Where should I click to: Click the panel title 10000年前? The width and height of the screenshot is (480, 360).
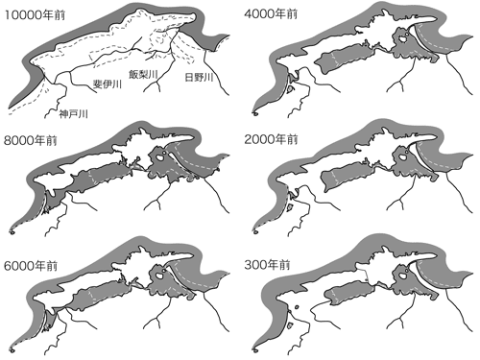tap(35, 14)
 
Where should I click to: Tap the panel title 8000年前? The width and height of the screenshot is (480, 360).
tap(31, 140)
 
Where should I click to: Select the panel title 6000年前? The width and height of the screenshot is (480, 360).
tap(31, 266)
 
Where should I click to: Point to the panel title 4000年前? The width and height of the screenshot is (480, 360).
tap(271, 13)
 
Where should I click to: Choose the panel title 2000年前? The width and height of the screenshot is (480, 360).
tap(271, 139)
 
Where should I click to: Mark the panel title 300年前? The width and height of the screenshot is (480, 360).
tap(267, 265)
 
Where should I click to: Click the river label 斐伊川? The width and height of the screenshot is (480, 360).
tap(108, 84)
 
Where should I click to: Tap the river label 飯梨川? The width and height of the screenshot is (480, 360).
tap(143, 74)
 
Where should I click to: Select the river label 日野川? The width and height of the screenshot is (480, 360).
tap(199, 77)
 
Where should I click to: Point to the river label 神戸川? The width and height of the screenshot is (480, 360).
tap(73, 113)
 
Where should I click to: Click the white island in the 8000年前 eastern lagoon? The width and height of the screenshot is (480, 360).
tap(159, 157)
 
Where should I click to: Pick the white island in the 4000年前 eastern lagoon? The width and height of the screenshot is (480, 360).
tap(401, 38)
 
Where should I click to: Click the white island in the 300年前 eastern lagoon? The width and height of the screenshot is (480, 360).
tap(402, 275)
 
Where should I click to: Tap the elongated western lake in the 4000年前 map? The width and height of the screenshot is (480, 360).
tap(345, 59)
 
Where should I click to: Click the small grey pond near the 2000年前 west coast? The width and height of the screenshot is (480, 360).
tap(290, 207)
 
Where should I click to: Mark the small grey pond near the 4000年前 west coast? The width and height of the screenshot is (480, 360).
tap(291, 89)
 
